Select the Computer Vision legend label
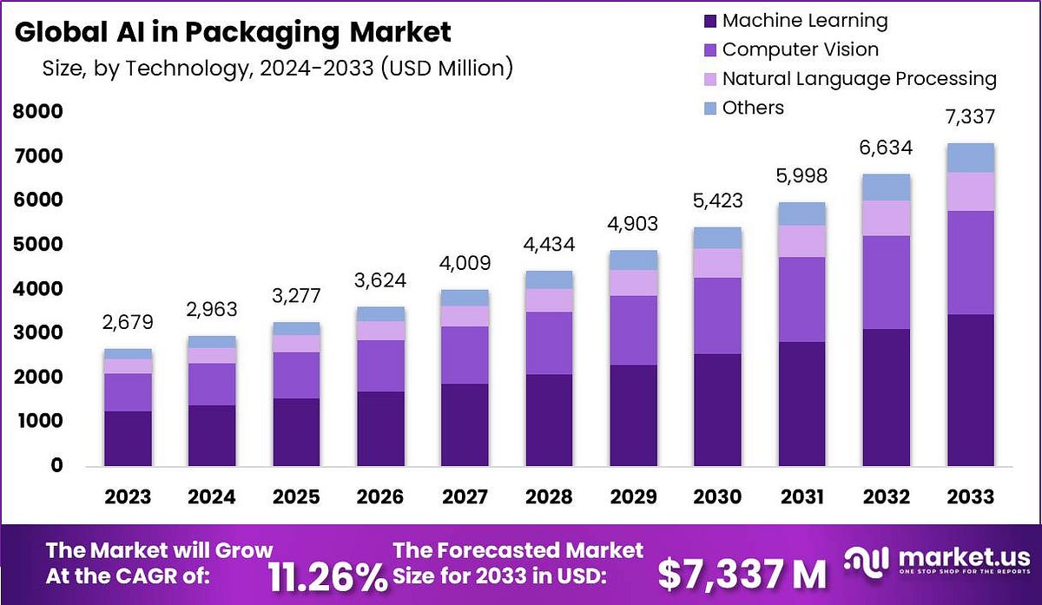click(x=800, y=49)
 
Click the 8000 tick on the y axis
click(x=37, y=112)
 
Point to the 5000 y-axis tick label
click(x=37, y=245)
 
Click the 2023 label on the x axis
click(x=129, y=496)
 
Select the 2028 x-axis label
click(x=549, y=496)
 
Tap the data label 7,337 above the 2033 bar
click(x=971, y=117)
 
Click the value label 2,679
click(x=129, y=323)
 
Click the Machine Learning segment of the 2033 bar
click(x=971, y=391)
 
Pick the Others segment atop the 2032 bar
click(x=887, y=187)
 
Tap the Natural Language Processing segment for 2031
click(x=802, y=241)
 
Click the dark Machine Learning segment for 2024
click(x=213, y=436)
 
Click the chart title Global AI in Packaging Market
click(x=234, y=32)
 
